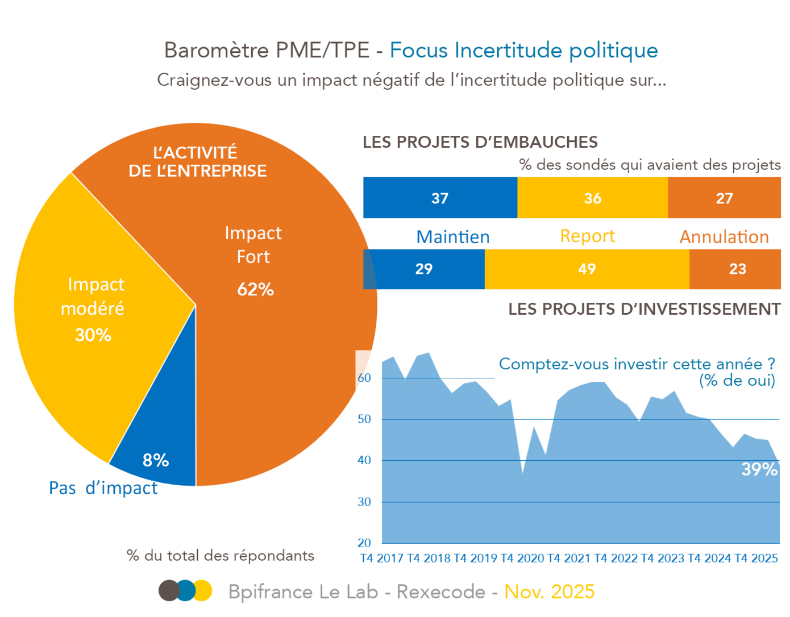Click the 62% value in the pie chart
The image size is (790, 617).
(x=255, y=289)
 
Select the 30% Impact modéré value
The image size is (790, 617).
(x=93, y=335)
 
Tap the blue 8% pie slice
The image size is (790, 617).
(x=156, y=460)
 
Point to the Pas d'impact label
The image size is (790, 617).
(x=103, y=488)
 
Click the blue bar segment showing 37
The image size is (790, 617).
(x=440, y=198)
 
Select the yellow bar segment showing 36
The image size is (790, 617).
(x=592, y=198)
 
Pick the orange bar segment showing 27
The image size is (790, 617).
(x=724, y=198)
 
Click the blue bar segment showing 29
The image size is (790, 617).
(x=424, y=269)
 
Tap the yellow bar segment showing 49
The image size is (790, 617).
(x=587, y=269)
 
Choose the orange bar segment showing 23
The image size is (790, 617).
(x=737, y=269)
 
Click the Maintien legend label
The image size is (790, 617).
(x=452, y=237)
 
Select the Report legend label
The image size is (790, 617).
(x=587, y=236)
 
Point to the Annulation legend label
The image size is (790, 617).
(x=724, y=237)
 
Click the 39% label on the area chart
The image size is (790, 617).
(x=759, y=469)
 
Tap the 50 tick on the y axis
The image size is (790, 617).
(x=364, y=419)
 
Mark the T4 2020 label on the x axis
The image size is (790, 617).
(x=522, y=558)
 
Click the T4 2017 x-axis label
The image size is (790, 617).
(x=382, y=558)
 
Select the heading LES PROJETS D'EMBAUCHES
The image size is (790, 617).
(x=480, y=142)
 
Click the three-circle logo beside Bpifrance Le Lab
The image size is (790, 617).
(x=185, y=591)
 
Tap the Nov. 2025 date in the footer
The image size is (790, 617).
(x=549, y=591)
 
